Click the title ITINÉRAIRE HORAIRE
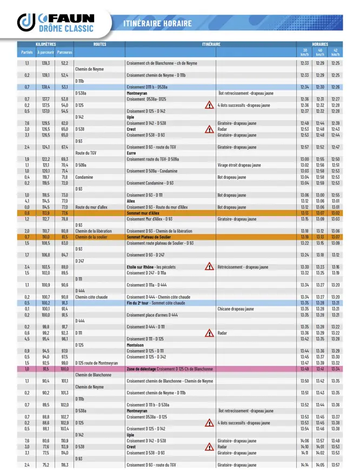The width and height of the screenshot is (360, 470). (157, 24)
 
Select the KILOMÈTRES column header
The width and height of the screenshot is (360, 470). (45, 44)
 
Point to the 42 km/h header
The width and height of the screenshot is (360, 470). (336, 52)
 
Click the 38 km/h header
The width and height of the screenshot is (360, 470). (304, 52)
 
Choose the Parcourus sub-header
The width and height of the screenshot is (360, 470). (64, 52)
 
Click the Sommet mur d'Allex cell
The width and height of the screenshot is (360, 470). (142, 213)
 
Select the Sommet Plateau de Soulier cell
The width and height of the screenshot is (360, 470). (149, 237)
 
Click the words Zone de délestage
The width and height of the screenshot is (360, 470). (142, 369)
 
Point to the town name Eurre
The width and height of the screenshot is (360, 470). (131, 153)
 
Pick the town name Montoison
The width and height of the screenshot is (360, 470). (135, 345)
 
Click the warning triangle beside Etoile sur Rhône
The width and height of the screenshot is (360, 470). (209, 266)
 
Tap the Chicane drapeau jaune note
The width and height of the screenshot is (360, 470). (236, 309)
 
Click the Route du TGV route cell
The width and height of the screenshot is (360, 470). (86, 153)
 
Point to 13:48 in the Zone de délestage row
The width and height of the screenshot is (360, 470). (304, 369)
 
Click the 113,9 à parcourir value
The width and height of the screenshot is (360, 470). (46, 213)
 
